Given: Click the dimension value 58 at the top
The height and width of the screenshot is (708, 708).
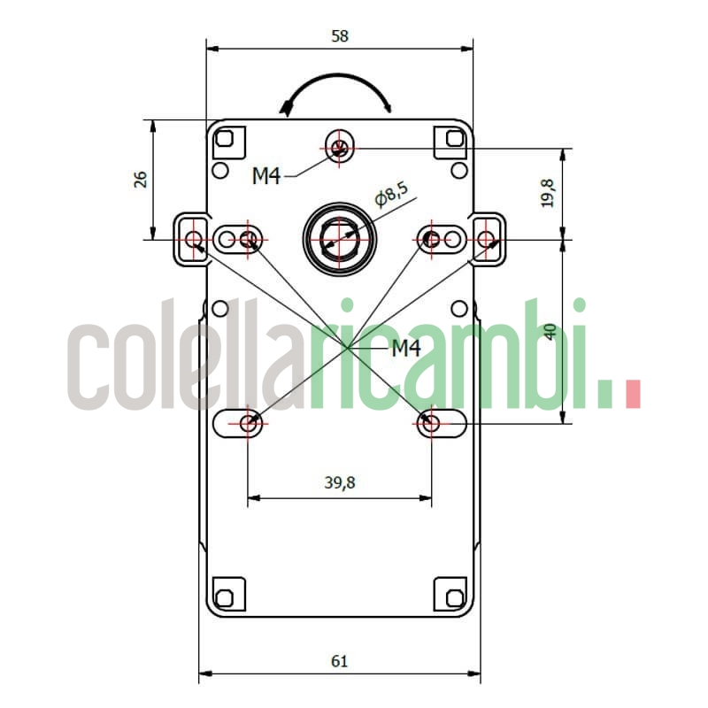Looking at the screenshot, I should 340,36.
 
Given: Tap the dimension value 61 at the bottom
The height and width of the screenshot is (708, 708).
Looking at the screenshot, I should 340,660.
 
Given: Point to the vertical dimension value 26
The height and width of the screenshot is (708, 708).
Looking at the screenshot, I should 140,180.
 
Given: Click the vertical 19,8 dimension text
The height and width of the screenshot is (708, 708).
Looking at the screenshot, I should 548,193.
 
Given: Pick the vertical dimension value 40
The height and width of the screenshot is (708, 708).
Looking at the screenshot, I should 550,332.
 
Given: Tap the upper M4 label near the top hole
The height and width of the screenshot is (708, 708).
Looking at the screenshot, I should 266,176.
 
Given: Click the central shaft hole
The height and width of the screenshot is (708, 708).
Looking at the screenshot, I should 340,237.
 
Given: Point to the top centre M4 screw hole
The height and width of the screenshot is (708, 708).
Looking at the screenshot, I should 340,147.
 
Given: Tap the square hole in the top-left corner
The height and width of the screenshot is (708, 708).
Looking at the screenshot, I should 225,139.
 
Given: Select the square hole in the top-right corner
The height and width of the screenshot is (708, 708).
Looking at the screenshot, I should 455,139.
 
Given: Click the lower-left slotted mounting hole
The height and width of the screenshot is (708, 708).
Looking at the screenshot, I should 249,423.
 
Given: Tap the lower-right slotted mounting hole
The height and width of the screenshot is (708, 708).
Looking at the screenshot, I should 431,423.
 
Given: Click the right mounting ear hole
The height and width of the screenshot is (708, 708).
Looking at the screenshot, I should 486,238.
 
